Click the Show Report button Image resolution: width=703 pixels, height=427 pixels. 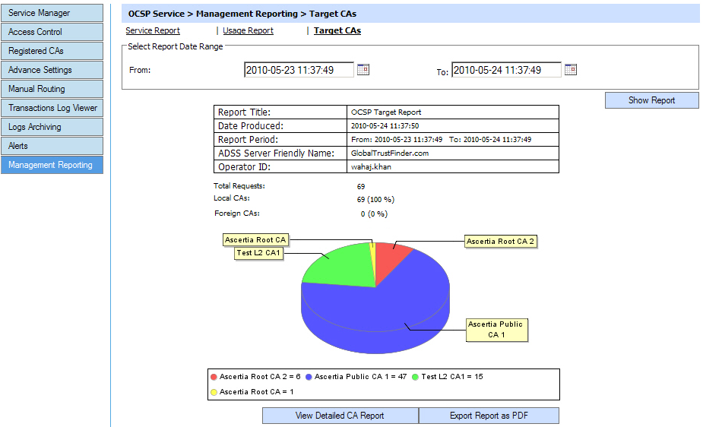pyautogui.click(x=651, y=100)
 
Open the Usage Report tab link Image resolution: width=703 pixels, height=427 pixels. pyautogui.click(x=248, y=30)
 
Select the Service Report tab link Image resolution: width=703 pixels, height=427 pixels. pyautogui.click(x=153, y=30)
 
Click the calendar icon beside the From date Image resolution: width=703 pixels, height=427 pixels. pyautogui.click(x=363, y=70)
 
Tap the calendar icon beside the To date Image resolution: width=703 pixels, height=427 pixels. pyautogui.click(x=571, y=70)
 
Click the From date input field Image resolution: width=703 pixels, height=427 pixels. pyautogui.click(x=299, y=70)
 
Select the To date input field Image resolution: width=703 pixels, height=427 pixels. pyautogui.click(x=506, y=70)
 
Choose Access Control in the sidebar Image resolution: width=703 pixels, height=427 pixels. pyautogui.click(x=52, y=32)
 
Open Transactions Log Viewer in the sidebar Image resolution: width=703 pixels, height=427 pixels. pyautogui.click(x=52, y=108)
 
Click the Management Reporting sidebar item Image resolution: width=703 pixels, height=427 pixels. pyautogui.click(x=52, y=165)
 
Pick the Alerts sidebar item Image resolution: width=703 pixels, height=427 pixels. pyautogui.click(x=52, y=146)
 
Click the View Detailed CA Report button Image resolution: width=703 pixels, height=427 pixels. pyautogui.click(x=340, y=416)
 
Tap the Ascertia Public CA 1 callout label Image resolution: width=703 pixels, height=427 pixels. pyautogui.click(x=496, y=329)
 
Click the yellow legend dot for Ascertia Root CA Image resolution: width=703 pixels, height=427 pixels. pyautogui.click(x=214, y=392)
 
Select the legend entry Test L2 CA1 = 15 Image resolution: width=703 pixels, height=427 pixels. pyautogui.click(x=452, y=377)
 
